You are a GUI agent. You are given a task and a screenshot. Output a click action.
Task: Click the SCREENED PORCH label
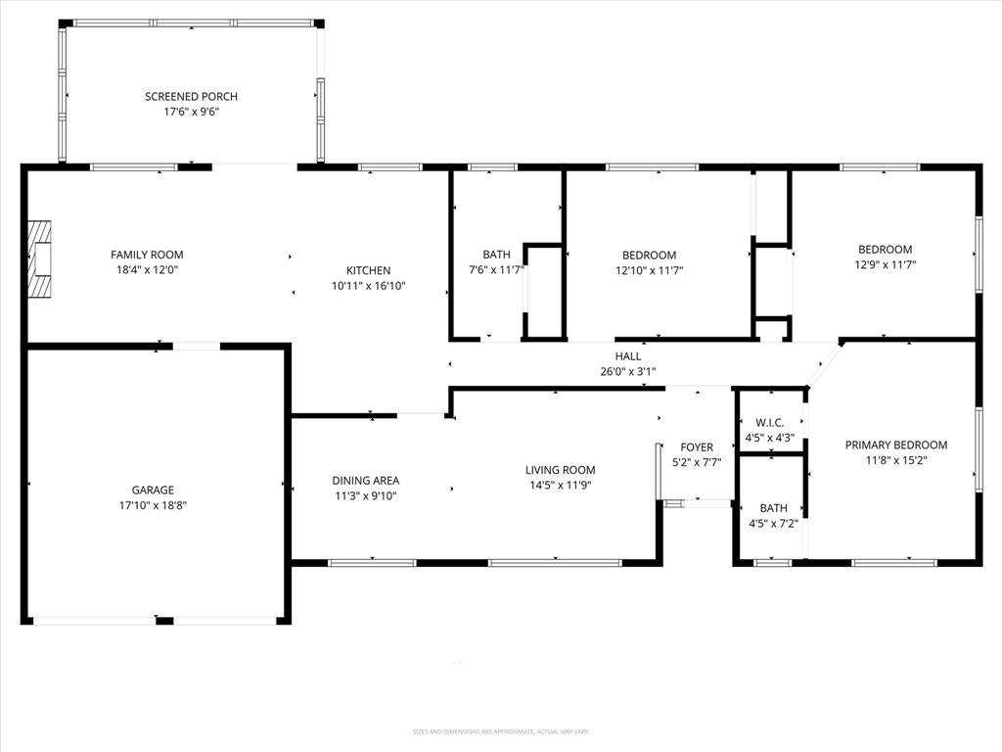191,96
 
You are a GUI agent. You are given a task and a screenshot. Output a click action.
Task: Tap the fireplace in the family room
38,258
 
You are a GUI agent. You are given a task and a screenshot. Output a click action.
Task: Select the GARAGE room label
153,490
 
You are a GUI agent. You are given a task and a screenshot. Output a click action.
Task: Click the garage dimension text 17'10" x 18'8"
153,505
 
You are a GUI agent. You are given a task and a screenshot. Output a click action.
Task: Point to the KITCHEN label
368,270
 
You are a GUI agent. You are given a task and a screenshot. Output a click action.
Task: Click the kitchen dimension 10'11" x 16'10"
368,286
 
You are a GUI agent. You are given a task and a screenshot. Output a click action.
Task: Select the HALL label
628,355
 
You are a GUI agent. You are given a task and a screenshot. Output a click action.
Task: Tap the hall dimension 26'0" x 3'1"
628,371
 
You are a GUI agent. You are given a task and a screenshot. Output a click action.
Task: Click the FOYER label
697,446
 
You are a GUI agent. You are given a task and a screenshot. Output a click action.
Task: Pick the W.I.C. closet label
769,423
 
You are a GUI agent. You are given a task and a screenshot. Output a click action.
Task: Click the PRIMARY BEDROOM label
895,445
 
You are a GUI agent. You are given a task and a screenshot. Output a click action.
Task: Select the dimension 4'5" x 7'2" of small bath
773,523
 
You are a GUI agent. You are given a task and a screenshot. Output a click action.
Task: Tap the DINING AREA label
365,480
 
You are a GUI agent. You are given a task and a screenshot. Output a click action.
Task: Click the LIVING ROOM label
560,470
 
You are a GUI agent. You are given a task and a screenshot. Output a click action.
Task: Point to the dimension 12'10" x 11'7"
649,270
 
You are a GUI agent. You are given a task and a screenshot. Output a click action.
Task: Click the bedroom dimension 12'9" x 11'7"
885,264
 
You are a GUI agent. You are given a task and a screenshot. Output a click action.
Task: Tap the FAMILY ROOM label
147,255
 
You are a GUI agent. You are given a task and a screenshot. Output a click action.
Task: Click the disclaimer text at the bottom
500,731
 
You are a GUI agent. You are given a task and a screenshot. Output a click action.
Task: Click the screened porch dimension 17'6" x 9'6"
191,112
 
